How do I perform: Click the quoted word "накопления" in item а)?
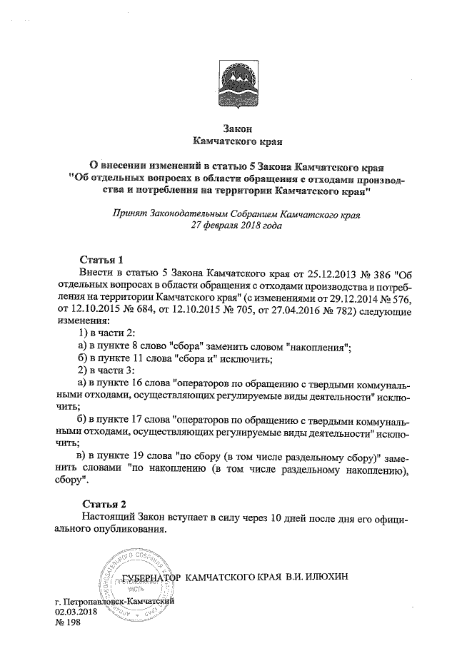point(317,346)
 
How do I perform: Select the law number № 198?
point(69,623)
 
